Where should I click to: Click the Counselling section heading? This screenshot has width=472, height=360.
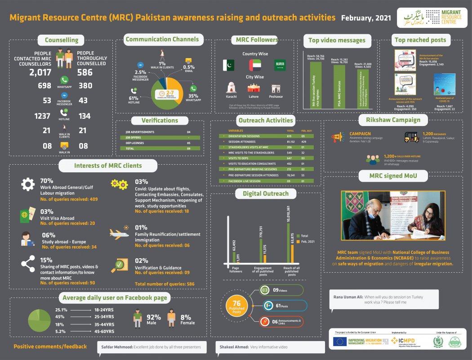tap(62, 40)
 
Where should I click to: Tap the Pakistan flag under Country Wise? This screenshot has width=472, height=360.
tap(228, 65)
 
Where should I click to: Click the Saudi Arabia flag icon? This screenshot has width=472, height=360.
tap(279, 65)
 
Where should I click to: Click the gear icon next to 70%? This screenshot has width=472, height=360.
tap(28, 184)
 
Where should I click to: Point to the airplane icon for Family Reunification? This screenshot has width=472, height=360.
tap(119, 233)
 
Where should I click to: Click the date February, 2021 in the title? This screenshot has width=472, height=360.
tap(366, 18)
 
